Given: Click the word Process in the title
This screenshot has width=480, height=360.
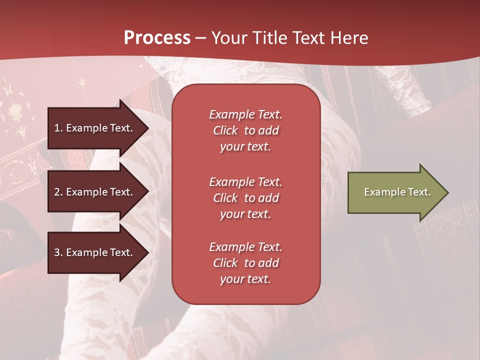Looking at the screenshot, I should [157, 38].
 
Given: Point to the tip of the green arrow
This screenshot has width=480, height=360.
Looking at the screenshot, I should [447, 192].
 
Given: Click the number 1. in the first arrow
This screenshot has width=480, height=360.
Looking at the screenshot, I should [58, 128].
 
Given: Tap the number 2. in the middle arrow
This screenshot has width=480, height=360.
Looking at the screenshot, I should [58, 192].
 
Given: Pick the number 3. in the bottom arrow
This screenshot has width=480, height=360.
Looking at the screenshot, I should [58, 252].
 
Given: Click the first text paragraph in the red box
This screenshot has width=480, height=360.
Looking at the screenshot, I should [245, 130].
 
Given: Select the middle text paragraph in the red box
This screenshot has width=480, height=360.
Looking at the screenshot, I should [245, 198].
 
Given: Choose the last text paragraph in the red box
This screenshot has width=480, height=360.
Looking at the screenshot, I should [245, 263].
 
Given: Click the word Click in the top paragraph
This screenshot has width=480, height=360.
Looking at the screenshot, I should [225, 130].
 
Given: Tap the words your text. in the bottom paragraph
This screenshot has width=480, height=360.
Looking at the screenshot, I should [245, 279].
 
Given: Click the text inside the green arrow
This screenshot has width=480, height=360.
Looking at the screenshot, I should [397, 192].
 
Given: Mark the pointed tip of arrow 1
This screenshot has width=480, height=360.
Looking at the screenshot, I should [147, 128].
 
